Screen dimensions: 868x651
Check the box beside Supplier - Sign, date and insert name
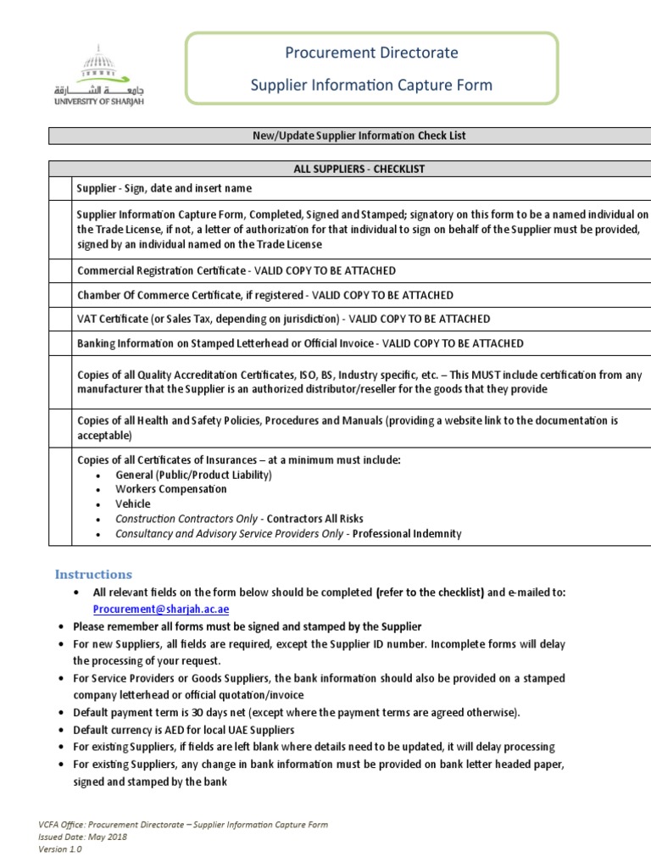60,188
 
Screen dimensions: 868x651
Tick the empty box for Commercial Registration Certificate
60,270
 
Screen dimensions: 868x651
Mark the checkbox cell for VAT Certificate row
60,319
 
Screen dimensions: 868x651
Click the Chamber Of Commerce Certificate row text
264,295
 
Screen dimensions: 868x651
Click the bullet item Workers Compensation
171,489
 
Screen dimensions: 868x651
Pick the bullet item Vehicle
133,504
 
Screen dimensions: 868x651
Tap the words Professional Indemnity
407,533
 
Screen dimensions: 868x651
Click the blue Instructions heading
93,574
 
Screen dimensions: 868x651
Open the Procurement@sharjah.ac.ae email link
161,609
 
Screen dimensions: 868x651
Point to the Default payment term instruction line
297,712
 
